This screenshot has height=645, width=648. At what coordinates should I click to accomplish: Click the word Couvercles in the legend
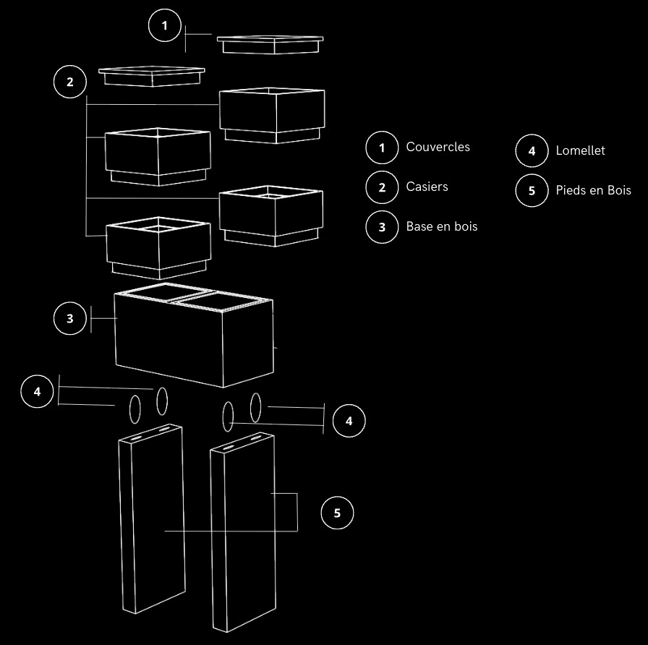pos(438,147)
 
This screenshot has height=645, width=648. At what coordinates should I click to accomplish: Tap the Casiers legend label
pos(427,187)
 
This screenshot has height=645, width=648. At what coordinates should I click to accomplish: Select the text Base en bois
pos(442,226)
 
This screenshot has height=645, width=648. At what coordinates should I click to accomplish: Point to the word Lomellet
pos(580,150)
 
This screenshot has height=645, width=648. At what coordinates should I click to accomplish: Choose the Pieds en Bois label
pos(593,190)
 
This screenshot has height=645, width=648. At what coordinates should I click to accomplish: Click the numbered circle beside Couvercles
pos(382,148)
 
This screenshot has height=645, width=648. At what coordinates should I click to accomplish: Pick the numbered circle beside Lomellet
pos(532,151)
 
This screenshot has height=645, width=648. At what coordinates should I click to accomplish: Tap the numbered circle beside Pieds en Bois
pos(532,190)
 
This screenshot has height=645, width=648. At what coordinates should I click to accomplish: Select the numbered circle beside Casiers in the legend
pos(382,187)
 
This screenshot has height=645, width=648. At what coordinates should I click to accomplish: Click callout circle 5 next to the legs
pos(337,513)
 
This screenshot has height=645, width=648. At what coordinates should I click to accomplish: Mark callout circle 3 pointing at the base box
pos(70,318)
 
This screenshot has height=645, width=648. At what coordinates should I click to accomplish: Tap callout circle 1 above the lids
pos(164,25)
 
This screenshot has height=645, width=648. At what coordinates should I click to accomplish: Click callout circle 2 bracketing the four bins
pos(70,82)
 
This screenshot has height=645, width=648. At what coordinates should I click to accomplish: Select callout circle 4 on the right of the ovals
pos(349,421)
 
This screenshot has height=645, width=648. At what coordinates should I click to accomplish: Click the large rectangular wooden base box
pos(194,335)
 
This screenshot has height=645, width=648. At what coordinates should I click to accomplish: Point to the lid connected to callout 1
pos(270,45)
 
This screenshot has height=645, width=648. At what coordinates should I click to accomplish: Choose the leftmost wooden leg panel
pos(152,518)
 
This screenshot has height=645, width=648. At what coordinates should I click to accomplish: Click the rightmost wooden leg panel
pos(243,532)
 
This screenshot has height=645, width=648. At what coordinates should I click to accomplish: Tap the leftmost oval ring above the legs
pos(135,409)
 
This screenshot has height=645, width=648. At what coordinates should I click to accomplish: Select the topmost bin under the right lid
pos(272,115)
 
